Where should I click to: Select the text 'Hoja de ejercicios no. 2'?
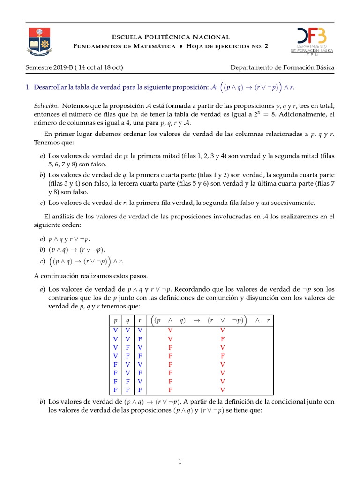227,46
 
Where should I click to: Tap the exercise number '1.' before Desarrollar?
28,87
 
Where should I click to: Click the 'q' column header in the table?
127,321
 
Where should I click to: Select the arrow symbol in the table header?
196,321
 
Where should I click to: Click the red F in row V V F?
223,338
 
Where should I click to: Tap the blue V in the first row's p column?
115,330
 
